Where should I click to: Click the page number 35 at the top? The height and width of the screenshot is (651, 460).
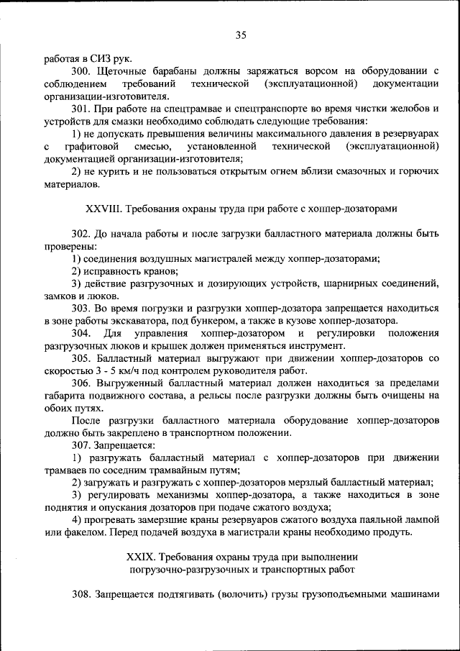pyautogui.click(x=240, y=35)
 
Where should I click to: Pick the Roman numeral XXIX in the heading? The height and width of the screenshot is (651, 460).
pyautogui.click(x=139, y=557)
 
